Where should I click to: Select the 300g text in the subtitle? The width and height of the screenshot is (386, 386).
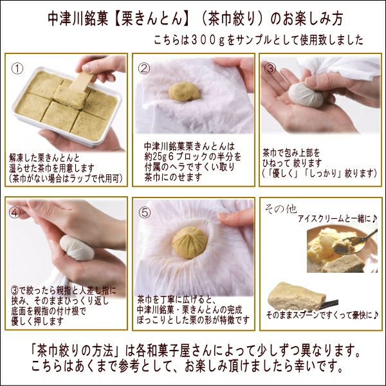tap(200, 40)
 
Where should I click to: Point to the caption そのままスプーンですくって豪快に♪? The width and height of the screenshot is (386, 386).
tap(323, 315)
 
